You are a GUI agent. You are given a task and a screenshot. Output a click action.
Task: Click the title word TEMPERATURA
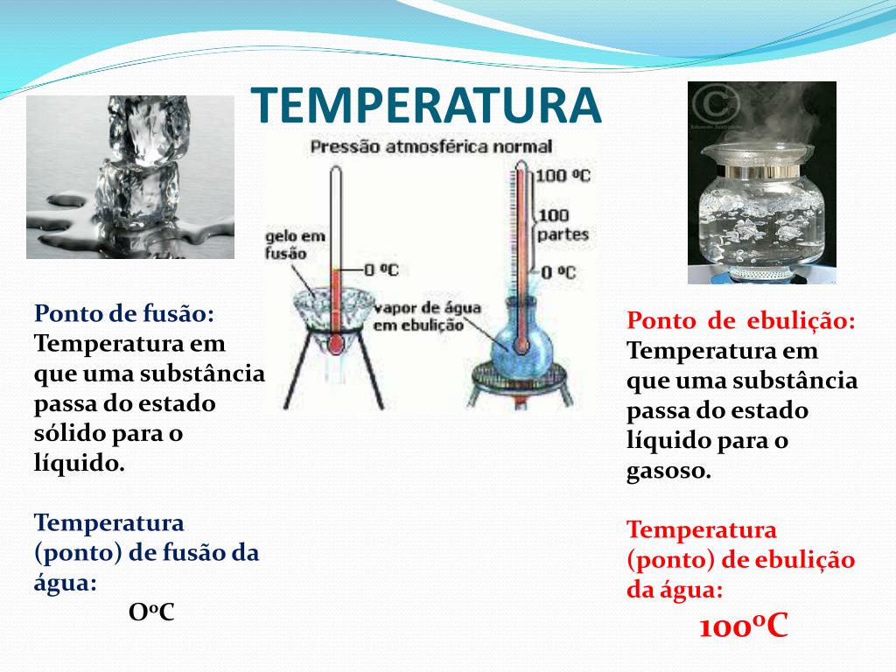[426, 105]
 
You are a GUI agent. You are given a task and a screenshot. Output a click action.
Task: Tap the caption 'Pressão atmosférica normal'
[431, 147]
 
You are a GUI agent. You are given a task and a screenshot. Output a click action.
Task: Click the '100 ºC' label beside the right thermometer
[563, 175]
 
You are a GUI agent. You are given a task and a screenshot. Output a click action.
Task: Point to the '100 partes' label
[563, 225]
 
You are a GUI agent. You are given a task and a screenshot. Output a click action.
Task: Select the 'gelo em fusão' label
[294, 245]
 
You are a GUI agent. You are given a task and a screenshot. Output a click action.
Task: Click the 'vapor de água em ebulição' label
[427, 317]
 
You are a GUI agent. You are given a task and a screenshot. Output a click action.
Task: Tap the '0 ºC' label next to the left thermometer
[381, 269]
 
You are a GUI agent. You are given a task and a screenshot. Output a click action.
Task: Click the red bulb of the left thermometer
[336, 343]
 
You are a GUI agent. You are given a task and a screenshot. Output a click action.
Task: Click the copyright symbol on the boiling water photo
[717, 104]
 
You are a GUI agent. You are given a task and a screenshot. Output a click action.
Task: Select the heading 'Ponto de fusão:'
[124, 313]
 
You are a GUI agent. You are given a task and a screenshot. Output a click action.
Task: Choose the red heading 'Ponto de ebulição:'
[741, 320]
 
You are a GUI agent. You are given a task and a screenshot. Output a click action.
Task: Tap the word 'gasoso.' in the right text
[668, 472]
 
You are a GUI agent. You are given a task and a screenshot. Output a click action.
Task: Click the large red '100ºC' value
[744, 625]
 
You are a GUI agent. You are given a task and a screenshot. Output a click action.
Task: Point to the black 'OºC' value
[151, 612]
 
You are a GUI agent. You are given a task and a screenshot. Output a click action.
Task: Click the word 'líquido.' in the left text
[79, 462]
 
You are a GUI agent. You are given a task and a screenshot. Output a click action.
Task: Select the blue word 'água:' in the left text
[65, 583]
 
